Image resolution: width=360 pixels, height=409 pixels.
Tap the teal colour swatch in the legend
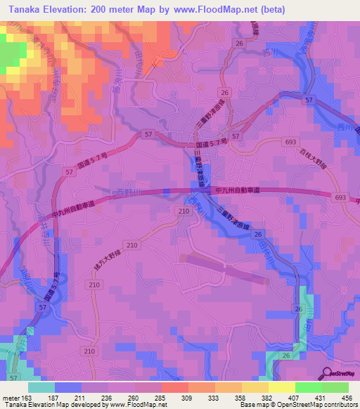[x=41, y=387]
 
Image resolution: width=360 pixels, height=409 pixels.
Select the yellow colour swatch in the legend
[x=281, y=387]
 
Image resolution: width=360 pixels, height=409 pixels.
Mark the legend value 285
[x=160, y=398]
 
